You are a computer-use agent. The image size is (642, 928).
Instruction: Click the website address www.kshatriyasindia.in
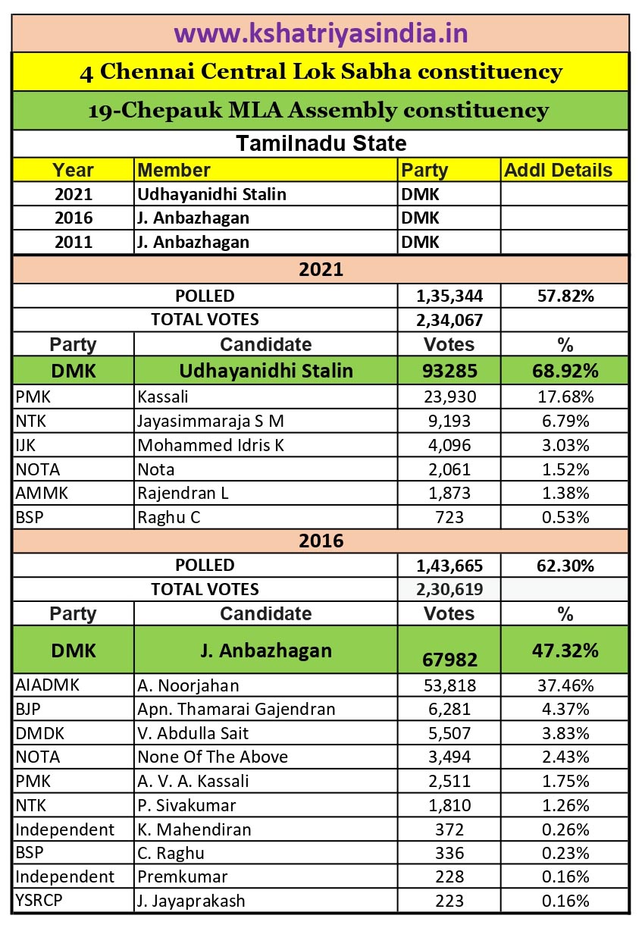[x=321, y=33]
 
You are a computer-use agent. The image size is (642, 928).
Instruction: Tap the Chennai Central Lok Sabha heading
[x=321, y=72]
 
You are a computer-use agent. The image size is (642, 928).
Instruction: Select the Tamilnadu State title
[x=321, y=143]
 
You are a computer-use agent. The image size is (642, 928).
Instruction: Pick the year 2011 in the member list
[x=74, y=243]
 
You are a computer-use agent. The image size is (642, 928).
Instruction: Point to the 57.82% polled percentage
[x=565, y=296]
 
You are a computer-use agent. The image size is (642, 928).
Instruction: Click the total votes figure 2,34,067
[x=449, y=320]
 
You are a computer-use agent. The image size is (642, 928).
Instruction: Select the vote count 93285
[x=449, y=371]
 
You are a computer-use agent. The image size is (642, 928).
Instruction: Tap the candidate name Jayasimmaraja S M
[x=211, y=420]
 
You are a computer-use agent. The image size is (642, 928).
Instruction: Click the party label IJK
[x=26, y=444]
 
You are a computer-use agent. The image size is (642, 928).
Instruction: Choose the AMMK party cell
[x=42, y=494]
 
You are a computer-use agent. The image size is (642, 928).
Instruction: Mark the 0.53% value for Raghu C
[x=565, y=518]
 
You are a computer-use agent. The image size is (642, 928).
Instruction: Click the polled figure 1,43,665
[x=449, y=566]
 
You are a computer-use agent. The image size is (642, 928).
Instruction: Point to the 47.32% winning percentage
[x=565, y=650]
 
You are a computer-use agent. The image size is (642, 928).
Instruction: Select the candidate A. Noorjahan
[x=188, y=686]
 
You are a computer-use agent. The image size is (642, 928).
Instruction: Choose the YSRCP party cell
[x=38, y=901]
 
